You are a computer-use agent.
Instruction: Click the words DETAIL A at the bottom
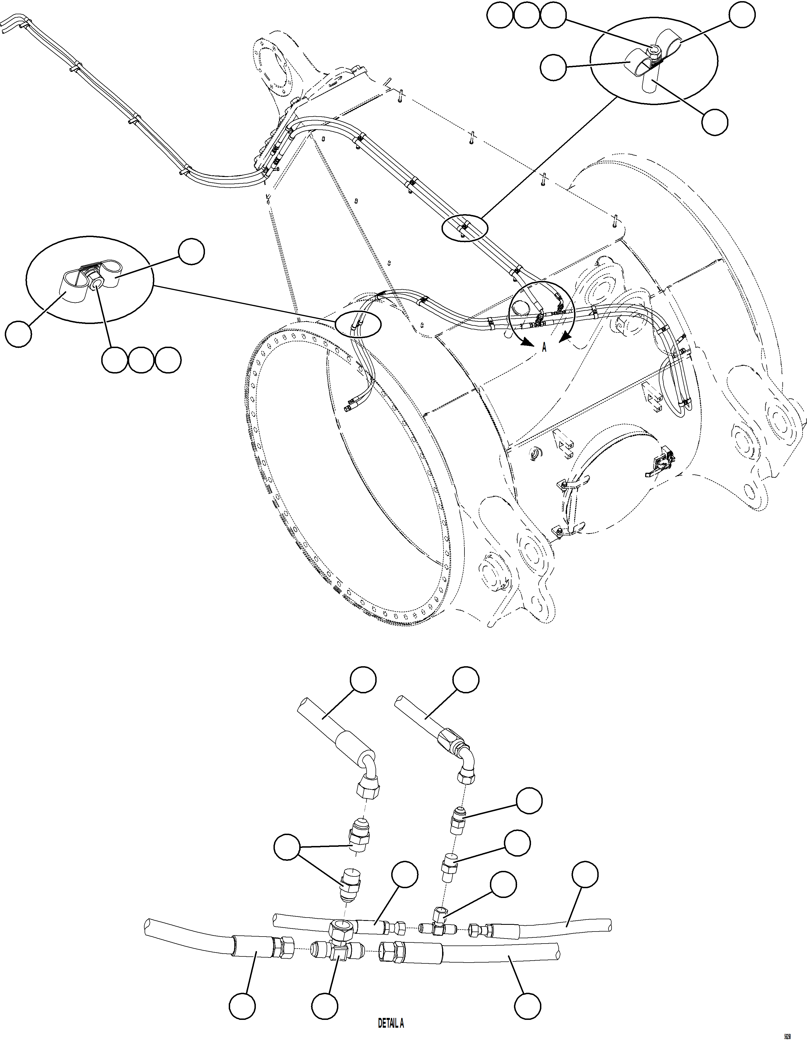coord(391,1023)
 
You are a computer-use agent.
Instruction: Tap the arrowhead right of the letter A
coord(563,339)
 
